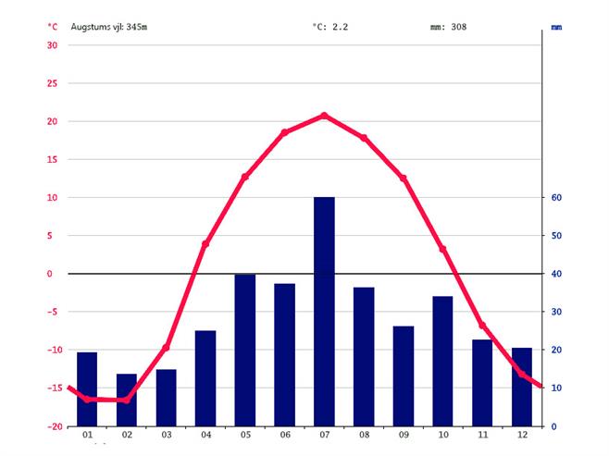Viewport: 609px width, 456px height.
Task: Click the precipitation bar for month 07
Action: (x=324, y=311)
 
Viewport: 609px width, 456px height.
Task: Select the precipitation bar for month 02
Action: (x=127, y=400)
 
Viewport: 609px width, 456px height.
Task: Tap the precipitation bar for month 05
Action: (x=245, y=350)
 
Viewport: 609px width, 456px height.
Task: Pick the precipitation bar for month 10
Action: (x=442, y=361)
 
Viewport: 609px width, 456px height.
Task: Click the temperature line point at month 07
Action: (x=324, y=116)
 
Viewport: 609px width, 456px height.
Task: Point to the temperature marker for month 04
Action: (x=205, y=243)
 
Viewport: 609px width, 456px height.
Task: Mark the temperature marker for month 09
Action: (x=404, y=179)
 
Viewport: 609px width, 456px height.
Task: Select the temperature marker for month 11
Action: (x=482, y=326)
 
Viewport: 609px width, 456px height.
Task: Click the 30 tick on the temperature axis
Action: (x=52, y=45)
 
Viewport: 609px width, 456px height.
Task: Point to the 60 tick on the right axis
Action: (x=557, y=198)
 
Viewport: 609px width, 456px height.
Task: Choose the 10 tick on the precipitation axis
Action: (x=557, y=388)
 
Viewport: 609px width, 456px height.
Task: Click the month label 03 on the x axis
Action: (x=166, y=436)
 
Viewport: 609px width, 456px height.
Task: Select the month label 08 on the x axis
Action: (x=364, y=436)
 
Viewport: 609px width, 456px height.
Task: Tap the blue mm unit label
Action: (x=556, y=28)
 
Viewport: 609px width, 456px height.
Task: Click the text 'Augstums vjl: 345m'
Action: (x=109, y=27)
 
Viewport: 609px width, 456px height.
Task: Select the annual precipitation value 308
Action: (x=457, y=27)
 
